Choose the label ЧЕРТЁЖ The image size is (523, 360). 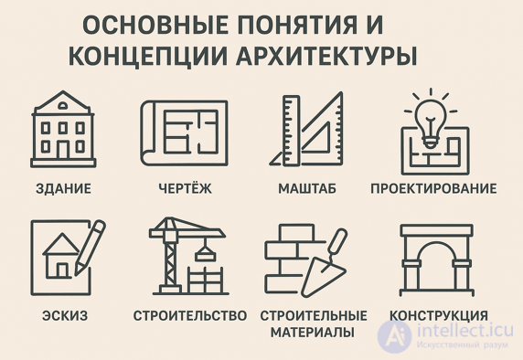coord(183,189)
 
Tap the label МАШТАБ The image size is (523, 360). coord(306,189)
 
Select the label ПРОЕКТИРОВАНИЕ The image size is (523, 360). coord(433,189)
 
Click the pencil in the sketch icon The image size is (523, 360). coord(88,241)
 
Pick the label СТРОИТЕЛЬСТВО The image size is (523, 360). coord(190,316)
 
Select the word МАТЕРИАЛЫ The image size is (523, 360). coord(313,333)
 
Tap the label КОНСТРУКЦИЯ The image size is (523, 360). coord(439,316)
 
